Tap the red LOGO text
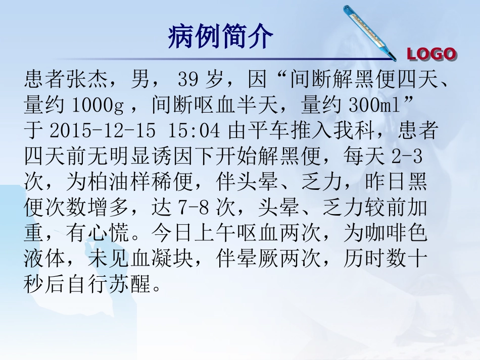pos(431,54)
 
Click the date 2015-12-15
pos(103,131)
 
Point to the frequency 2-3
pos(407,157)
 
